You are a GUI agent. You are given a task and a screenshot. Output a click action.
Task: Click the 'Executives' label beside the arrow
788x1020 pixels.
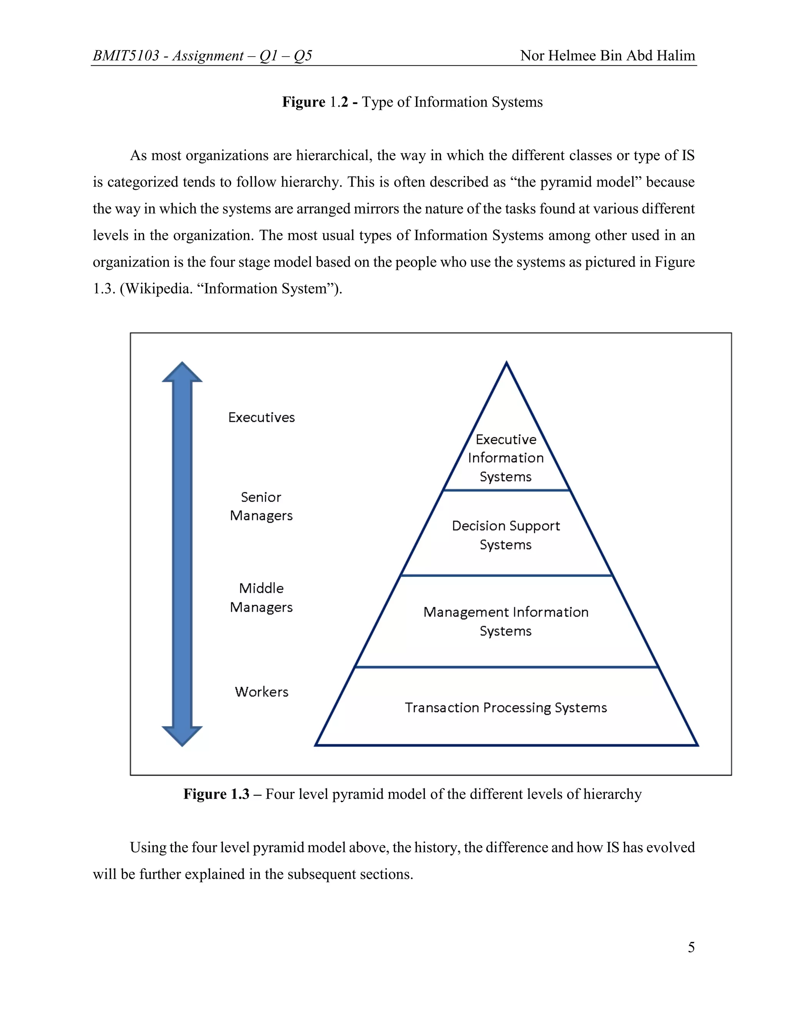pos(261,417)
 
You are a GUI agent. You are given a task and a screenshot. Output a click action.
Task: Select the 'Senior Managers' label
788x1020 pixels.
pos(261,506)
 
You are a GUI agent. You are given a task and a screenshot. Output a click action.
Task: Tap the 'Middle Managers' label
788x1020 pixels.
pos(261,598)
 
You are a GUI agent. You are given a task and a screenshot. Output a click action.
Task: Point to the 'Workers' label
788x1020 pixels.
pos(261,692)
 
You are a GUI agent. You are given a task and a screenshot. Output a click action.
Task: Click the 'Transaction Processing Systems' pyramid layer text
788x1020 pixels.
pos(506,707)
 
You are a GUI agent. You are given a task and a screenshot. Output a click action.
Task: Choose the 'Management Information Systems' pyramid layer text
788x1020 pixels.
pos(506,621)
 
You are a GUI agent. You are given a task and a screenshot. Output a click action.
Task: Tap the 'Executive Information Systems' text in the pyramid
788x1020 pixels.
pos(506,458)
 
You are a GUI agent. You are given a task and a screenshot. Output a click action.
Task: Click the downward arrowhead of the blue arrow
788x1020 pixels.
pos(182,735)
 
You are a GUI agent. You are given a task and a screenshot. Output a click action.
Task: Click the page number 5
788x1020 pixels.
pos(691,947)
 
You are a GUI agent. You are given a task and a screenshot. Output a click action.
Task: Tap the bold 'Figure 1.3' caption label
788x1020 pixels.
pos(216,794)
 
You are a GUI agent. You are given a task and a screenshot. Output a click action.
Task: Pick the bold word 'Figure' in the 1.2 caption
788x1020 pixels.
pos(304,102)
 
